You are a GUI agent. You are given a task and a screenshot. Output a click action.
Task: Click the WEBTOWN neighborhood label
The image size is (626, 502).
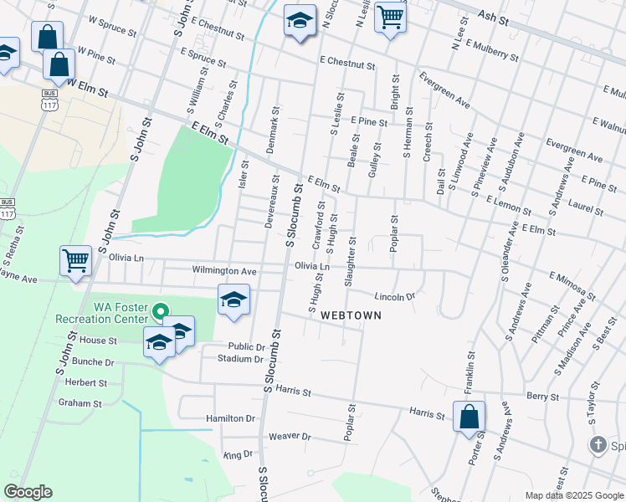tap(350, 315)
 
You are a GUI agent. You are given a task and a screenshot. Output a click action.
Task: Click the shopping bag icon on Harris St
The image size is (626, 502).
tap(469, 415)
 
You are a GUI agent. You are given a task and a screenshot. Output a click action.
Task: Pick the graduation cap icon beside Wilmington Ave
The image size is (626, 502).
tap(233, 300)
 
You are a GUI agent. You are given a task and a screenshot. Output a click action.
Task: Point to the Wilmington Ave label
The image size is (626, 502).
tap(223, 271)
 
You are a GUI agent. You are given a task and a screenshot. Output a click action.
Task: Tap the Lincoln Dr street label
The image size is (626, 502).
tap(395, 297)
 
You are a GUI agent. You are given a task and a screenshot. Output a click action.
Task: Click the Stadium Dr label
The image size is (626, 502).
tap(240, 359)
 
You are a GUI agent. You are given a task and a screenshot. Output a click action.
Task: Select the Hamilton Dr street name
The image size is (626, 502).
tap(230, 417)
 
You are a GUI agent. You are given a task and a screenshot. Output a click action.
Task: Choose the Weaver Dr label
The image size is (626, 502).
tap(290, 437)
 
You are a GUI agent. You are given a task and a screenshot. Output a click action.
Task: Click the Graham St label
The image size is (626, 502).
tap(80, 402)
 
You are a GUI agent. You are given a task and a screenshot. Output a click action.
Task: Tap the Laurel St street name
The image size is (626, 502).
tap(585, 206)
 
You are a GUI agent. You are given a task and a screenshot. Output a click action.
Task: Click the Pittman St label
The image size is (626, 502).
tap(552, 320)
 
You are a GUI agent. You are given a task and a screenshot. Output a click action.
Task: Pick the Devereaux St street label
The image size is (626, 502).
tap(274, 200)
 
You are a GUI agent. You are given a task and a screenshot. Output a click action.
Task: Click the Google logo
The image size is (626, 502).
tap(28, 492)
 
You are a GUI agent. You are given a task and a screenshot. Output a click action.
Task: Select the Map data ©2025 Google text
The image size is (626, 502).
tap(573, 495)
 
